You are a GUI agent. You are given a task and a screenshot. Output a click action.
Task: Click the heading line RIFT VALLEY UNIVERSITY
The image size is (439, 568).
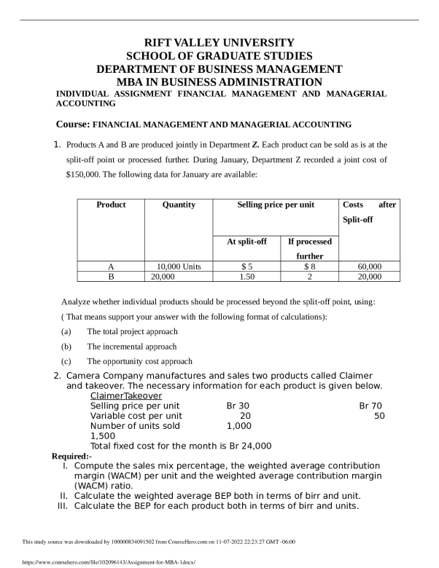[219, 42]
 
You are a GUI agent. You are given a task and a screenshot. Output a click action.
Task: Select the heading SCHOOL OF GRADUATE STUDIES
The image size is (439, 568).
[219, 55]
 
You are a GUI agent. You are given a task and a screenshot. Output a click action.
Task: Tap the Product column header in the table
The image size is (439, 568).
[111, 205]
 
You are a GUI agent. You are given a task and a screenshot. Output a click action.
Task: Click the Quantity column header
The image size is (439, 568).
[179, 205]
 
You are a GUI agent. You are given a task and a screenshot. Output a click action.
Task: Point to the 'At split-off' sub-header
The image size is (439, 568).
[246, 241]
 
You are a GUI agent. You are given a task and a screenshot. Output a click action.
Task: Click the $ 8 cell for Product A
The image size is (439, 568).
[309, 267]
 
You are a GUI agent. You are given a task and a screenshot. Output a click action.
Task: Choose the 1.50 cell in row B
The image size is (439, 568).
[246, 277]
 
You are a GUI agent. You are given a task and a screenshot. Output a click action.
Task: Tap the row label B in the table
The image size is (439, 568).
[111, 277]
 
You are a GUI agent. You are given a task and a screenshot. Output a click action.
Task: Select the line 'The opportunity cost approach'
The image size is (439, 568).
[139, 360]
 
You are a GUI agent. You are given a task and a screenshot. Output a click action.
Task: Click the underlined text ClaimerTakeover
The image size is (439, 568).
[126, 395]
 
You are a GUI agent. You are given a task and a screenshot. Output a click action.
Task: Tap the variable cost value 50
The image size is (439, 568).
[379, 415]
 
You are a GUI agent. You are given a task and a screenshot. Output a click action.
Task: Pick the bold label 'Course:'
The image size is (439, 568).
[73, 125]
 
